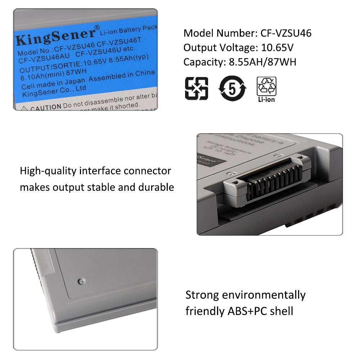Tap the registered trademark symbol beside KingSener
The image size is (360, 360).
(97, 28)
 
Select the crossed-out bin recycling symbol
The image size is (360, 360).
(196, 88)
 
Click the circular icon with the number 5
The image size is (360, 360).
(233, 88)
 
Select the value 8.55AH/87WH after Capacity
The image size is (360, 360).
(262, 62)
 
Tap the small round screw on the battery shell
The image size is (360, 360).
(81, 280)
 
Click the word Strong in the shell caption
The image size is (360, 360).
(202, 295)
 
